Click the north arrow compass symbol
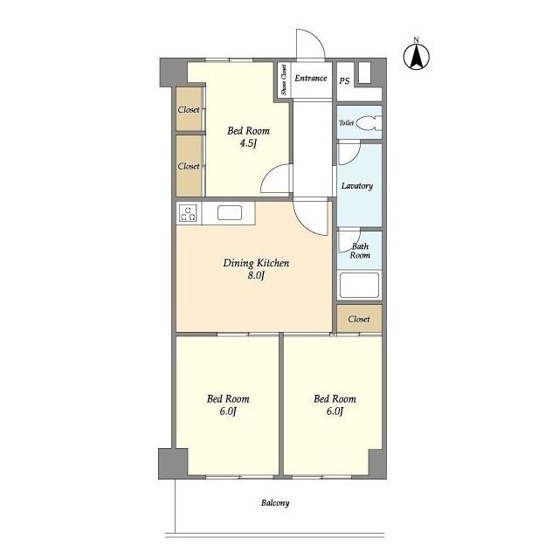coord(417,57)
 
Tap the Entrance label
coord(311,78)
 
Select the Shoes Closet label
coord(284,79)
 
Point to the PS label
coord(344,81)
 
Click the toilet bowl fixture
coord(367,123)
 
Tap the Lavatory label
coord(357,186)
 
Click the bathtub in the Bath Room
coord(359,285)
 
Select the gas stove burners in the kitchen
coord(188,213)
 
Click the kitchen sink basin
coord(230,213)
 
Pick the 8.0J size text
coord(256,276)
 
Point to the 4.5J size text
coord(248,143)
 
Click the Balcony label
coord(275,503)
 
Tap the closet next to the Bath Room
coord(359,318)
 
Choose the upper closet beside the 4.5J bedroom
coord(190,108)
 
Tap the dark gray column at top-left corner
coord(173,72)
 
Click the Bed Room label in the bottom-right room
coord(335,398)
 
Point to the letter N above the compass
coord(416,40)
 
